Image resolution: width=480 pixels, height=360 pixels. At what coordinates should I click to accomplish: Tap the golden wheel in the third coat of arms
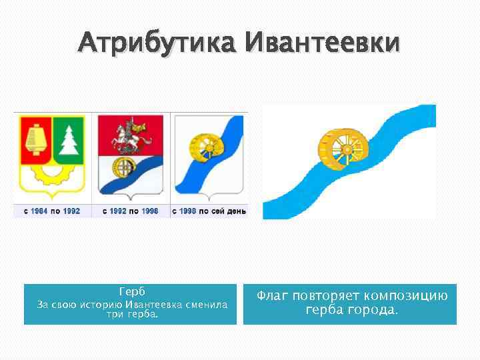pyautogui.click(x=201, y=146)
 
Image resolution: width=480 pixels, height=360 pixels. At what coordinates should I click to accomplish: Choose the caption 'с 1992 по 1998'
pyautogui.click(x=130, y=211)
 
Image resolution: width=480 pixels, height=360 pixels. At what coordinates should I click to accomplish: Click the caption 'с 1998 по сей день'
pyautogui.click(x=209, y=211)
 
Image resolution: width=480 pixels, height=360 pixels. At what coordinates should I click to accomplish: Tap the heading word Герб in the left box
pyautogui.click(x=131, y=292)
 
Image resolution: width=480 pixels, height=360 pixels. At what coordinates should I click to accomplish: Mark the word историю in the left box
pyautogui.click(x=100, y=305)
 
